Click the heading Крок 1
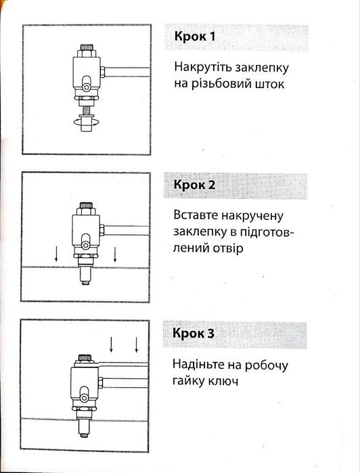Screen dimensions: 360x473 195,37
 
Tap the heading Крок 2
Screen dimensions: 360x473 194,185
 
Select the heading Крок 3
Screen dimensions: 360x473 194,333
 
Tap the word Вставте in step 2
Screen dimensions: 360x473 196,215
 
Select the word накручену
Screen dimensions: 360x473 252,216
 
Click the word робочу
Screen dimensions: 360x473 266,365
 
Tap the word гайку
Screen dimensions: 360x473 188,381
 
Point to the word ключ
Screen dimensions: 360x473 223,382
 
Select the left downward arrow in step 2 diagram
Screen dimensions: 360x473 56,254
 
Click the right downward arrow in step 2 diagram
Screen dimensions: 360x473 114,254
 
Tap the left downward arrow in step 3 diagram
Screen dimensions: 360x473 112,344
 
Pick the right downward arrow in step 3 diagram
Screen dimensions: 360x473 137,344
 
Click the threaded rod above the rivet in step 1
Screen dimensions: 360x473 86,110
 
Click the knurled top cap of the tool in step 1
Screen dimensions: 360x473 87,47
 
